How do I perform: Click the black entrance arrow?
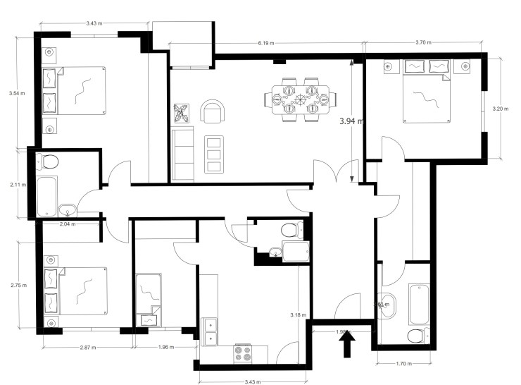pos(347,346)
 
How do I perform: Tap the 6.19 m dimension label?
pos(265,43)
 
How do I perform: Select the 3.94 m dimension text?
pos(350,121)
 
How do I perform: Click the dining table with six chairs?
pos(299,99)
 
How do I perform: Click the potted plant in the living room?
pos(182,113)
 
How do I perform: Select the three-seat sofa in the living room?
pos(183,155)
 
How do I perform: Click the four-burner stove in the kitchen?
pos(242,353)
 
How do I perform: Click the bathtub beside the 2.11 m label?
pos(46,197)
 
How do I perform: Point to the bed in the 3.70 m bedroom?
pos(424,94)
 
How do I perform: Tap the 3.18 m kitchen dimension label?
pos(299,314)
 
